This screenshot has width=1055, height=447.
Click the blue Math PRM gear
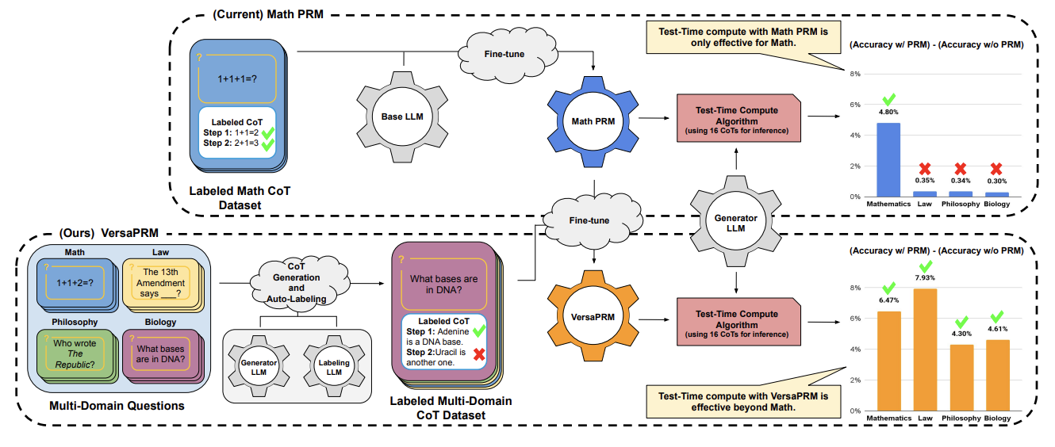[x=593, y=121]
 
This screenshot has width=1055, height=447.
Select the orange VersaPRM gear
[x=593, y=316]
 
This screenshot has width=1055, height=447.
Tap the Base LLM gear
[x=402, y=117]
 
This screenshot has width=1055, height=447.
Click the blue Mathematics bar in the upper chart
[x=888, y=160]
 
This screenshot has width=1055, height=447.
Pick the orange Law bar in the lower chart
[x=925, y=350]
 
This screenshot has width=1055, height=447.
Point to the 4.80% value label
[x=888, y=112]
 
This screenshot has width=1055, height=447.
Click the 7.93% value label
[x=925, y=277]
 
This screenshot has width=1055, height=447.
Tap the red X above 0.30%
[x=996, y=169]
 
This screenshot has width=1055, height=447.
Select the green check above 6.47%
[x=888, y=288]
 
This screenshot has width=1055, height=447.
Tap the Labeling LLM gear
[x=334, y=367]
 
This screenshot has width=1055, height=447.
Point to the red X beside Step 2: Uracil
[x=479, y=353]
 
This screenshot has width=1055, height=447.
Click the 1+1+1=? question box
[x=237, y=78]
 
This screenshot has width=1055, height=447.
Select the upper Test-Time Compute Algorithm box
[x=738, y=118]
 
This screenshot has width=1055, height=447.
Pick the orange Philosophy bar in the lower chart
[x=961, y=378]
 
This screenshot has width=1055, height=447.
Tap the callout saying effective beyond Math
[x=743, y=401]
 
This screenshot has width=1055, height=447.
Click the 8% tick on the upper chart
[x=855, y=74]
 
